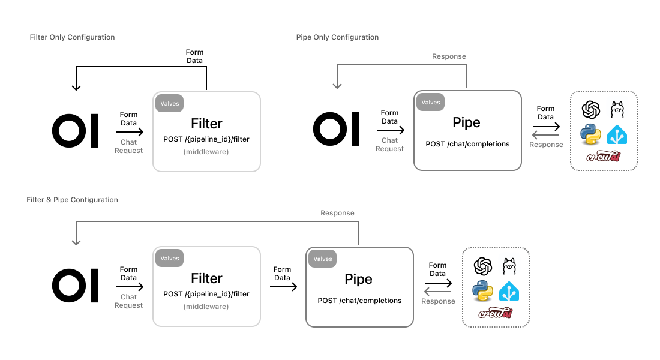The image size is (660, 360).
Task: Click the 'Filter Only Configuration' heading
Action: point(72,37)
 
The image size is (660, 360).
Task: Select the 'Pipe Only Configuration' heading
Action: point(337,37)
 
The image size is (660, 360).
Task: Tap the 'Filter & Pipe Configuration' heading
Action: point(72,200)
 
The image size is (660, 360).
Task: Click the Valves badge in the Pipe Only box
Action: point(431,103)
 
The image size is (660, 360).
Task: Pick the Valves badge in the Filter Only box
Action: point(170,104)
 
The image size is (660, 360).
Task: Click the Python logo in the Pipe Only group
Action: point(590,134)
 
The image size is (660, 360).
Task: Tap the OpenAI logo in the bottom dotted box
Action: point(483,266)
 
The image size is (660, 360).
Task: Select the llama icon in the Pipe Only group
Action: point(617,110)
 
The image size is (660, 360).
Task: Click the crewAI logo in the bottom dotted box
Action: point(495,313)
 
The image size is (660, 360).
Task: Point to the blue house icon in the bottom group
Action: point(509,290)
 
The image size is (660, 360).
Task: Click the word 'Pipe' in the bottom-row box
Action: point(358,279)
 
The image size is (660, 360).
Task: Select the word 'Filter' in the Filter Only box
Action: point(206,124)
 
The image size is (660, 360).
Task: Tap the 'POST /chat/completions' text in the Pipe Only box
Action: point(467,144)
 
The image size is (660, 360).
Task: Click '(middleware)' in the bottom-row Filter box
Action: point(206,306)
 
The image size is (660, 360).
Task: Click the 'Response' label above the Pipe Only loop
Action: point(449,56)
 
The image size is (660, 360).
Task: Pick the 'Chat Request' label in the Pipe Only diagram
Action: point(389,145)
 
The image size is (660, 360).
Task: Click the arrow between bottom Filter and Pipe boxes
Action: point(283,287)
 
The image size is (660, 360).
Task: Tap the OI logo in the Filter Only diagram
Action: point(75,130)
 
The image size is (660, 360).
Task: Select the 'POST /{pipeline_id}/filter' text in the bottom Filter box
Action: point(206,294)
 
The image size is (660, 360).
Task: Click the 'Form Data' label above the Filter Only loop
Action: point(194,56)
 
